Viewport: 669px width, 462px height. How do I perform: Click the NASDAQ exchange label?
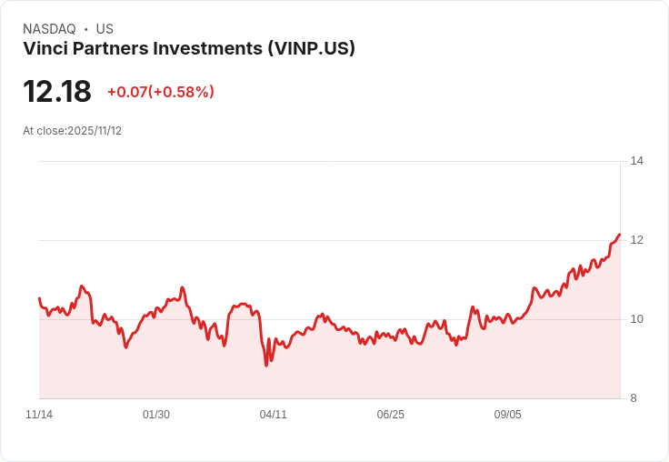click(49, 29)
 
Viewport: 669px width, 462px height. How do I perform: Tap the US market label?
click(105, 29)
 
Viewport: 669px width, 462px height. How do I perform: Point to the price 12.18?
click(57, 92)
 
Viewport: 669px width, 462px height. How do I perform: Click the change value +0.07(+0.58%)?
click(160, 92)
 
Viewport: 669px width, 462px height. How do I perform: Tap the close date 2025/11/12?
click(95, 131)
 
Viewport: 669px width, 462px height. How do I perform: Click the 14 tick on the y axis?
click(636, 161)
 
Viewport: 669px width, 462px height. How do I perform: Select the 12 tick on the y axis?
click(636, 240)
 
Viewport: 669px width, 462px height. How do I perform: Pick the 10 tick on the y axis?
click(636, 319)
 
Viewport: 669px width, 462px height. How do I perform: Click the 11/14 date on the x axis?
click(39, 415)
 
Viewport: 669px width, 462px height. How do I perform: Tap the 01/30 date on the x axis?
click(156, 415)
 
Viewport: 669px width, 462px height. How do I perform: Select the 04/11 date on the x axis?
click(274, 415)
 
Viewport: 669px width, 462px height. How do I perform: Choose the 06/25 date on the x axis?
click(390, 415)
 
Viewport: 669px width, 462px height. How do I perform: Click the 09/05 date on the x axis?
click(507, 415)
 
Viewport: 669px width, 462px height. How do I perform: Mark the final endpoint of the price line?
click(619, 235)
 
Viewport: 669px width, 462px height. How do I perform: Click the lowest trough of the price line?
click(266, 366)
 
